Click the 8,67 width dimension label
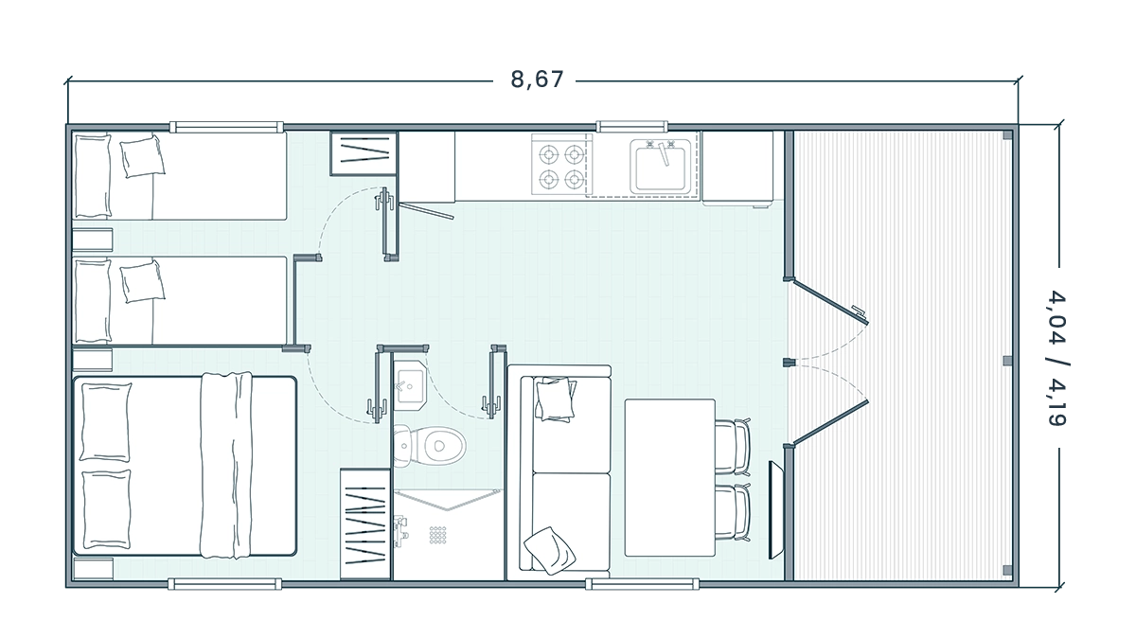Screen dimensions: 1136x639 [537, 80]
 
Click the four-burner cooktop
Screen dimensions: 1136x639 [562, 166]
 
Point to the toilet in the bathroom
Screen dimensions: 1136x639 [430, 446]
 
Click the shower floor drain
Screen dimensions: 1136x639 [437, 535]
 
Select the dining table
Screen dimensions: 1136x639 [670, 478]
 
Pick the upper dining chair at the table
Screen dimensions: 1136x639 [733, 446]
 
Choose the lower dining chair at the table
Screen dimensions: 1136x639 [733, 512]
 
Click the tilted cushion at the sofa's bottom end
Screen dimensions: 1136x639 [549, 550]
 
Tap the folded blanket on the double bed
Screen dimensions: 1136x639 [226, 465]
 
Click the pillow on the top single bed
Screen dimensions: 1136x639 [143, 155]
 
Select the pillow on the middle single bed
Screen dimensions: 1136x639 [143, 281]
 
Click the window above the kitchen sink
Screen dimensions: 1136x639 [632, 126]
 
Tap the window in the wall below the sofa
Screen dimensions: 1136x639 [642, 584]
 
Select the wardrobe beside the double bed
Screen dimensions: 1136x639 [365, 524]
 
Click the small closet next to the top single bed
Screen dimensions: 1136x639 [364, 153]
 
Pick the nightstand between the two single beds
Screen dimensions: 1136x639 [93, 240]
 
